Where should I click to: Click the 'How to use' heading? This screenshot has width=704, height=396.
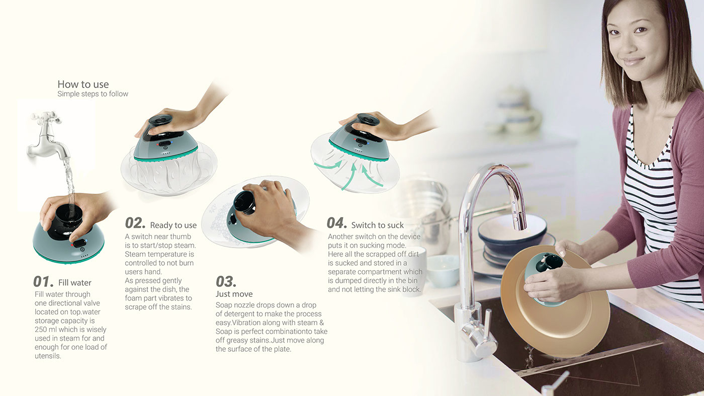[83, 85]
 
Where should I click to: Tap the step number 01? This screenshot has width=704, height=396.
[43, 282]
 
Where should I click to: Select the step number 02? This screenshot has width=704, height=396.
[135, 224]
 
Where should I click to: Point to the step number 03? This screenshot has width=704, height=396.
[226, 281]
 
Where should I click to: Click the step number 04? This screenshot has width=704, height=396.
[337, 223]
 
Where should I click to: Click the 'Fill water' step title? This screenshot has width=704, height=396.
[75, 283]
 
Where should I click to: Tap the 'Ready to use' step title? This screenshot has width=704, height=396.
[173, 225]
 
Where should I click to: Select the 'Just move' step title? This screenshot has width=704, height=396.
[234, 294]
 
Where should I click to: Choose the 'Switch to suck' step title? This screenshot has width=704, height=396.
[377, 225]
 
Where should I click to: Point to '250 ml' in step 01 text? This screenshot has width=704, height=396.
[46, 330]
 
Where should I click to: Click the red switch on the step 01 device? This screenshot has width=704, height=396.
[78, 244]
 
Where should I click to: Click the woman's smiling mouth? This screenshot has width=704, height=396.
[634, 61]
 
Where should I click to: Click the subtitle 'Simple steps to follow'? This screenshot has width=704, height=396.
[93, 94]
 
